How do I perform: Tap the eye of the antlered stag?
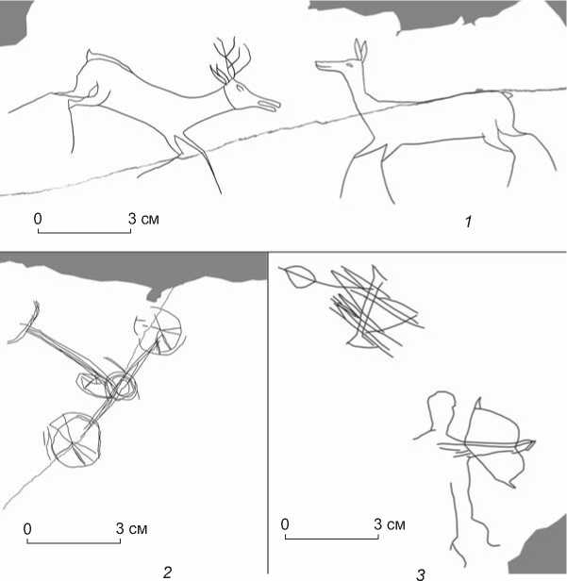(241, 88)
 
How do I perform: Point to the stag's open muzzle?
(269, 105)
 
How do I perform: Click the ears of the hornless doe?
(360, 50)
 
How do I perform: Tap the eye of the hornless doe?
(349, 65)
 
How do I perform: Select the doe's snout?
(323, 65)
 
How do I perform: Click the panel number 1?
(468, 222)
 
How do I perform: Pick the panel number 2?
(168, 573)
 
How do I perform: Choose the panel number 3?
(420, 574)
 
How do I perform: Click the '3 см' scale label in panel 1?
(143, 219)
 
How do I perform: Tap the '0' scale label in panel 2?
(27, 529)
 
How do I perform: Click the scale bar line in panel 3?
(332, 537)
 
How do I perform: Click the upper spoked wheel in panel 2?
(159, 330)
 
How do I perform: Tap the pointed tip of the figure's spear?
(534, 441)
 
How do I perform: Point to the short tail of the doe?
(508, 94)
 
